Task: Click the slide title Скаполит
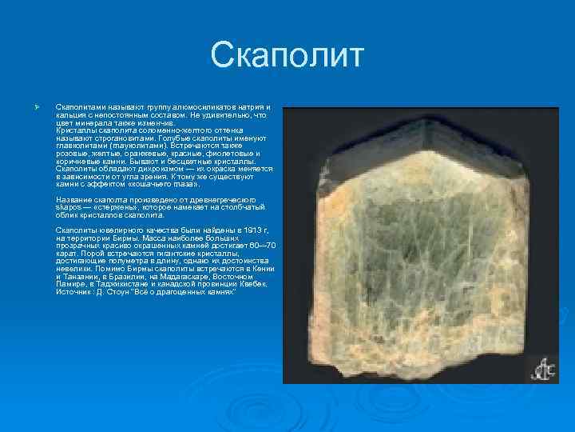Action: pos(287,57)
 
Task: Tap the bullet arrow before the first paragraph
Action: pos(27,106)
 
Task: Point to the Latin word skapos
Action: pos(68,206)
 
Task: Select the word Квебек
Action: pos(253,284)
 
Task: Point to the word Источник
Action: pos(73,291)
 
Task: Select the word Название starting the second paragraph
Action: pos(74,199)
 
